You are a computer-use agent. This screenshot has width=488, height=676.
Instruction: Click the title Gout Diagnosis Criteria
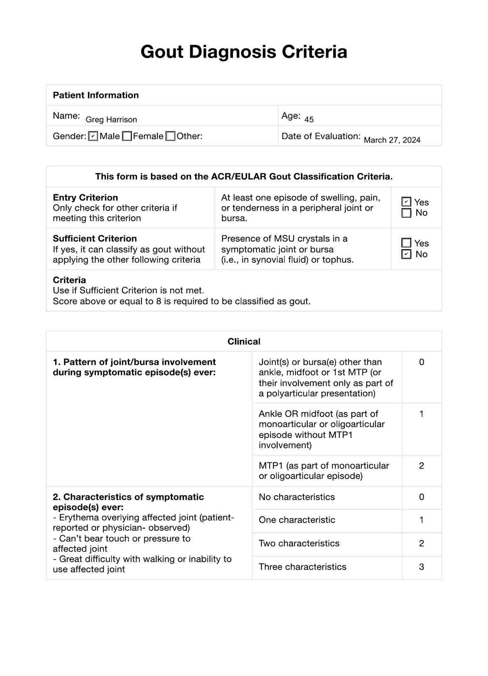click(x=244, y=52)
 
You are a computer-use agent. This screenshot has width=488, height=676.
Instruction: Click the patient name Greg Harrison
click(x=111, y=119)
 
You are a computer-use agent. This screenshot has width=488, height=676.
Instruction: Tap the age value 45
click(x=309, y=119)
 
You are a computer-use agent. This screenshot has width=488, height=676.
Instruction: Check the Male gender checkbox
click(x=93, y=136)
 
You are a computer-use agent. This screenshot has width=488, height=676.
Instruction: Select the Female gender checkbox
click(x=127, y=136)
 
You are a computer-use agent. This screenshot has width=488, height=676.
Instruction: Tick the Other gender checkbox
click(x=171, y=136)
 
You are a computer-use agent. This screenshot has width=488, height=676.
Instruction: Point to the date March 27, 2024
click(x=392, y=140)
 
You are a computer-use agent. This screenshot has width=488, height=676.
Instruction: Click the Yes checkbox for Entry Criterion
click(x=407, y=202)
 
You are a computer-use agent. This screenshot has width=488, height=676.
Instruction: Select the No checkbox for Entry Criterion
click(x=407, y=213)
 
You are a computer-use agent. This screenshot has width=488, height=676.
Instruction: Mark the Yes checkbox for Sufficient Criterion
click(x=407, y=243)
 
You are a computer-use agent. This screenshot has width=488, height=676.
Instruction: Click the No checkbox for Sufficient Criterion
click(x=407, y=254)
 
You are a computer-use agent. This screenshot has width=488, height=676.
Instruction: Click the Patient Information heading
click(x=96, y=95)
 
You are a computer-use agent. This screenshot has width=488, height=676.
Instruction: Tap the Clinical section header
click(x=244, y=341)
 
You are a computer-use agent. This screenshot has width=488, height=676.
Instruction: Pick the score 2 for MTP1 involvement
click(x=421, y=466)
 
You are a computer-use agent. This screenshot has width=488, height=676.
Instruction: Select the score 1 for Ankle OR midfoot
click(x=421, y=414)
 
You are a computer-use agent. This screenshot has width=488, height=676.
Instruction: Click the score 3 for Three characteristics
click(x=421, y=567)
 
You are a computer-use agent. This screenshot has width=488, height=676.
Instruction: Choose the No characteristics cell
click(x=297, y=497)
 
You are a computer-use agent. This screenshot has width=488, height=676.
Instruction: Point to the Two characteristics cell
click(x=299, y=543)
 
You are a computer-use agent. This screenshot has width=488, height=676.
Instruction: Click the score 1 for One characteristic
click(x=421, y=520)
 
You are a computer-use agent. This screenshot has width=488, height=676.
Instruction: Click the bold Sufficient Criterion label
click(x=95, y=238)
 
